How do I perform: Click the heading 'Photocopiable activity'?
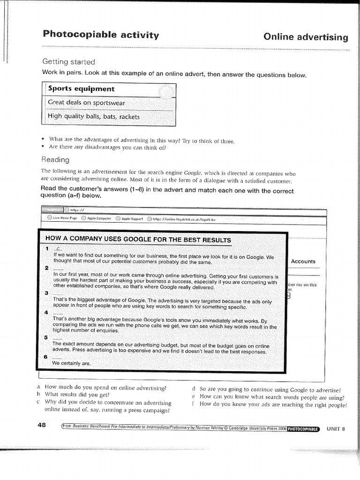tap(101, 35)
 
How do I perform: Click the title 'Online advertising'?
tap(306, 37)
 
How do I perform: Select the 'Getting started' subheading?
tap(68, 62)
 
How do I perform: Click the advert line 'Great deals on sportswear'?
tap(87, 103)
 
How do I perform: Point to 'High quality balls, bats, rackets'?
tap(94, 117)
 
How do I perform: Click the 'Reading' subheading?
tap(56, 159)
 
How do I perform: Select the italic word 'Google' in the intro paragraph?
tap(193, 172)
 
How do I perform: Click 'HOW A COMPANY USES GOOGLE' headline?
tap(138, 240)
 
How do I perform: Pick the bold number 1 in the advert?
tap(47, 247)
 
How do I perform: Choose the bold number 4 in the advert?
tap(46, 312)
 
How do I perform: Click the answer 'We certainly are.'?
tap(71, 363)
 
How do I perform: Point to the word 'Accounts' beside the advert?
tap(303, 261)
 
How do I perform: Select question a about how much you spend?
tap(105, 388)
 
